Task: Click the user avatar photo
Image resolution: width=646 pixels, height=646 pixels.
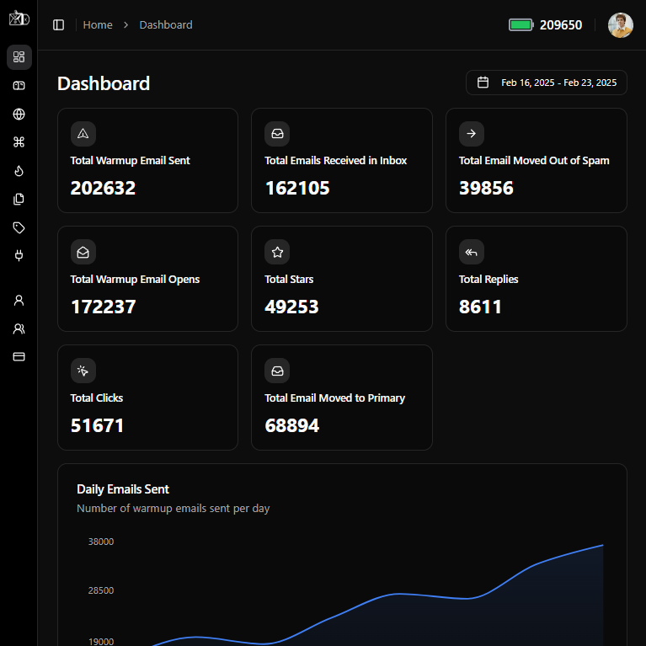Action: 621,25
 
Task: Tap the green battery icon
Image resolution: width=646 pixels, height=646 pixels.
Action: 521,25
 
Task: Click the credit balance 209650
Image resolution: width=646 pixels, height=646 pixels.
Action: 561,25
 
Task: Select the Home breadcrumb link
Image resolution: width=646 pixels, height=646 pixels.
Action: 98,25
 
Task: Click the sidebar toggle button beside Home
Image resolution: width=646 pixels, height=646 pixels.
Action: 59,25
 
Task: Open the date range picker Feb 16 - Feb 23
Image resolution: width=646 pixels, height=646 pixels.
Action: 547,83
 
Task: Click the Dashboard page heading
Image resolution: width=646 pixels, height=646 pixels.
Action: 104,83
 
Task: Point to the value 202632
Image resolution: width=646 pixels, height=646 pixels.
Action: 103,188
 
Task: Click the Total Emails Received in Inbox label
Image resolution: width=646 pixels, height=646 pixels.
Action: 335,160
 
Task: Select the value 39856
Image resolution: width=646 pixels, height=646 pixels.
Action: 486,188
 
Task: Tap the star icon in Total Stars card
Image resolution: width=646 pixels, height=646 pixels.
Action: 277,252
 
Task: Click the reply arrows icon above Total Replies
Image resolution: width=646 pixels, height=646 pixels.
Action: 472,252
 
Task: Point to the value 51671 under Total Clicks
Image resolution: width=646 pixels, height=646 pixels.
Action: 97,425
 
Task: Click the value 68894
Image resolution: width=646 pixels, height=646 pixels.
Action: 291,425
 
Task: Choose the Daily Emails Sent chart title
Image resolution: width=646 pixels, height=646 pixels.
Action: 123,489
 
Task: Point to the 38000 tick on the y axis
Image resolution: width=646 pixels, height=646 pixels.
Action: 101,542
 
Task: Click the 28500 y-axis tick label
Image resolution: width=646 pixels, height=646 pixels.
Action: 101,590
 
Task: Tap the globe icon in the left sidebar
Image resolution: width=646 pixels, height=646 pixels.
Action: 19,114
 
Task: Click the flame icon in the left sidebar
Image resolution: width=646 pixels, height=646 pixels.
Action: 19,170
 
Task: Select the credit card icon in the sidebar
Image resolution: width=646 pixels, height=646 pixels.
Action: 19,356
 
